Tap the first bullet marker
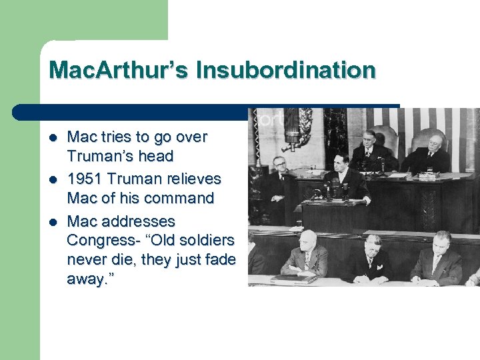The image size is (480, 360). coord(53,137)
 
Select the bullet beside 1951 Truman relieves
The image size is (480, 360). coord(53,179)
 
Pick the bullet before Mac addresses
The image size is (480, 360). coord(53,221)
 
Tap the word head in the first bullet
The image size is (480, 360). coord(157,157)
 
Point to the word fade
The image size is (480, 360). coord(220,259)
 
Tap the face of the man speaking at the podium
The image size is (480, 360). coord(342,163)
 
